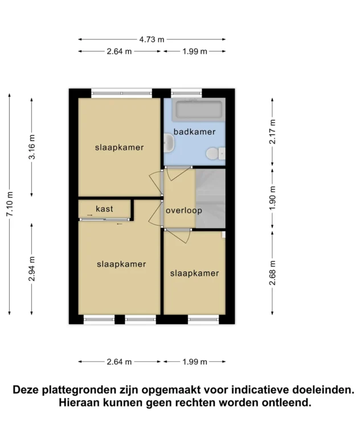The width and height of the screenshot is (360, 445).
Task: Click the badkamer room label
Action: click(195, 132)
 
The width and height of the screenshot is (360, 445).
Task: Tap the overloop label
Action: click(184, 210)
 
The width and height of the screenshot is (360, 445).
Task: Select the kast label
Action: click(104, 209)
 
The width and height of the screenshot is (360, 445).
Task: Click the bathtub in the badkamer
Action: click(198, 109)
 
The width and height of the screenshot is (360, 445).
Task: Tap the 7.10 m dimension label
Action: click(10, 203)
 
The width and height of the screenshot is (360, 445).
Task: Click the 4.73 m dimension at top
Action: click(152, 39)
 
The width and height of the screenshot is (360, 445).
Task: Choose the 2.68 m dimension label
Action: click(273, 273)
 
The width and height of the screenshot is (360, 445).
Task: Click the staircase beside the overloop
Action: click(208, 198)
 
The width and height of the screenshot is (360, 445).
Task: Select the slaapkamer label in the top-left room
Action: click(119, 148)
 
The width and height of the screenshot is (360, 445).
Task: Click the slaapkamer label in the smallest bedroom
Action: click(194, 273)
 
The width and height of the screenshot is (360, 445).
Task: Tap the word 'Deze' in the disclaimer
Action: click(27, 390)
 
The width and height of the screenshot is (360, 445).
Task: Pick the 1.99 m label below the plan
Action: click(194, 362)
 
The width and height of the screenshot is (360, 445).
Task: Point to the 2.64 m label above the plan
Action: click(119, 51)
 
